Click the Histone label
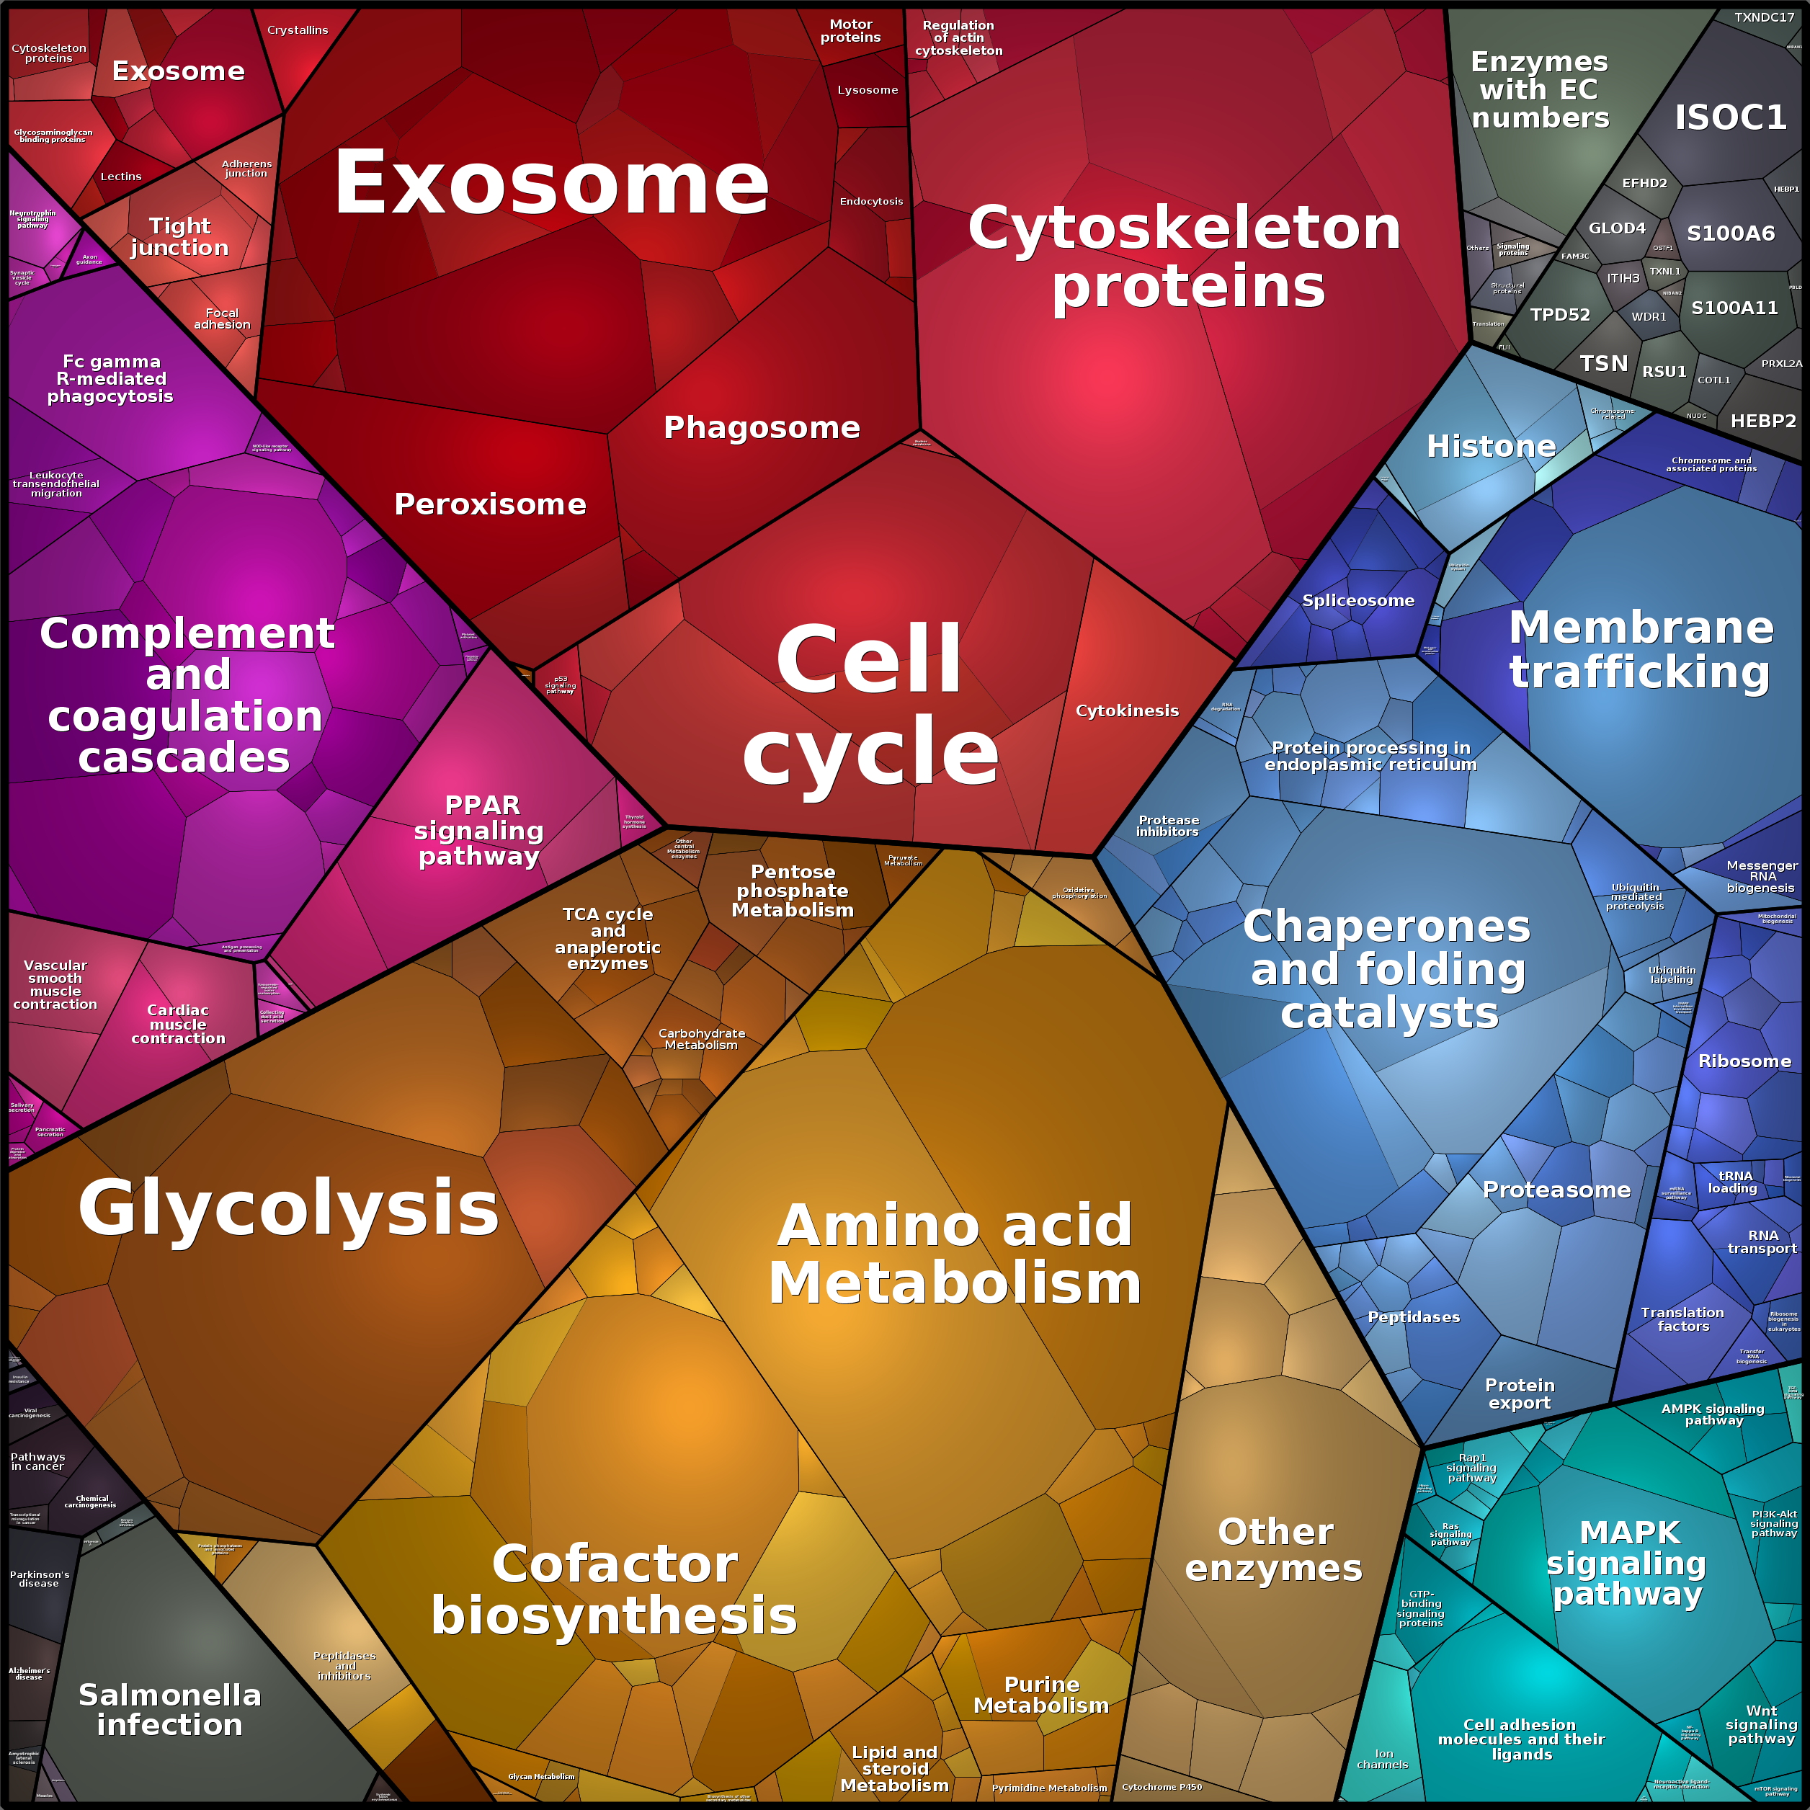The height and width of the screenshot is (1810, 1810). coord(1491,446)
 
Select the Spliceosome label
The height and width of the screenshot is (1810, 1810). coord(1357,600)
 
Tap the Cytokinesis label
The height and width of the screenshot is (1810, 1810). coord(1127,710)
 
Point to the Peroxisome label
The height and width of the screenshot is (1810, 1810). coord(490,504)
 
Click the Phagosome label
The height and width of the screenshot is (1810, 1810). coord(762,427)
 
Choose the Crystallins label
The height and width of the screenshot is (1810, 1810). coord(298,30)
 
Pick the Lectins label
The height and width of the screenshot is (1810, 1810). coord(121,176)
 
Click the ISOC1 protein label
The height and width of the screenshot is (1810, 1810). coord(1730,117)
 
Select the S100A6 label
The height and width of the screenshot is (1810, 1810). coord(1730,233)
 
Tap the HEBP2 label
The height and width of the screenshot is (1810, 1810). coord(1763,421)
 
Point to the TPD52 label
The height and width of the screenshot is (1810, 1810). coord(1560,315)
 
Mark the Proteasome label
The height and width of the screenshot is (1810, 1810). coord(1556,1190)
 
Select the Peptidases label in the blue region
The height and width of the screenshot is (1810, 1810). coord(1413,1316)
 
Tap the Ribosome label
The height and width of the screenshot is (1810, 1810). coord(1744,1061)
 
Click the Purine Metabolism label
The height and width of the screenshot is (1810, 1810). coord(1041,1695)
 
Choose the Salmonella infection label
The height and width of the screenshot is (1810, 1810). coord(169,1709)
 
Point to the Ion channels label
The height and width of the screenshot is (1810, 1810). coord(1383,1758)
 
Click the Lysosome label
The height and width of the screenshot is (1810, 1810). coord(868,90)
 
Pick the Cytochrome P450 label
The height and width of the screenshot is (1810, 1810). coord(1162,1786)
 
